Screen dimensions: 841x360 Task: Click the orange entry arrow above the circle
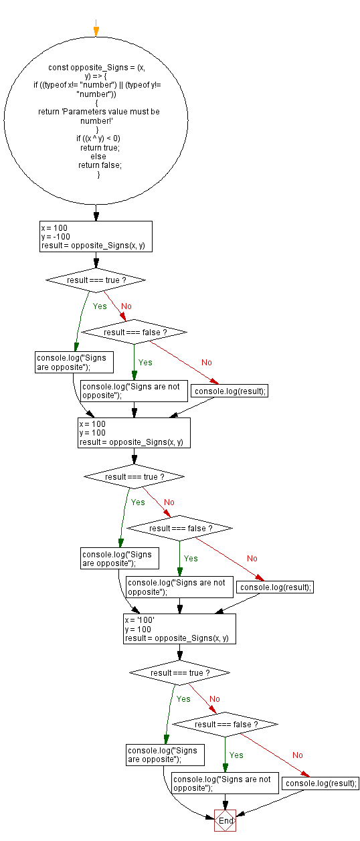[96, 31]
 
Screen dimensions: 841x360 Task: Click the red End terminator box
[226, 820]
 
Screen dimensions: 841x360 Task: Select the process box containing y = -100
[96, 237]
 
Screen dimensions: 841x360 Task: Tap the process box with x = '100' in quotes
[180, 629]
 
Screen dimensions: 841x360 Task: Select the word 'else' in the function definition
[98, 157]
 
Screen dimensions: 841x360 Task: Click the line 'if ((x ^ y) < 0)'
[98, 138]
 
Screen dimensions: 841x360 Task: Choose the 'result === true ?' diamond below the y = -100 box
[96, 280]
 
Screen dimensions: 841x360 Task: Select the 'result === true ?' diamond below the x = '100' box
[180, 672]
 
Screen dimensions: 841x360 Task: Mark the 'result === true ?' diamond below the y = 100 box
[134, 477]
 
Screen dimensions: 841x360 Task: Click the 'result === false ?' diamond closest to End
[226, 725]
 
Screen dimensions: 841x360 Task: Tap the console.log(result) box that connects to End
[321, 783]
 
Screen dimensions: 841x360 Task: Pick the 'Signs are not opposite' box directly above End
[226, 783]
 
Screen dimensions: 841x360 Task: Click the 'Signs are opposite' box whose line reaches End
[164, 755]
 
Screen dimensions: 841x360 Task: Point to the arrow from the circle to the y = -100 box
[96, 213]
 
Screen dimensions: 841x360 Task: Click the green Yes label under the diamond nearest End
[236, 755]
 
